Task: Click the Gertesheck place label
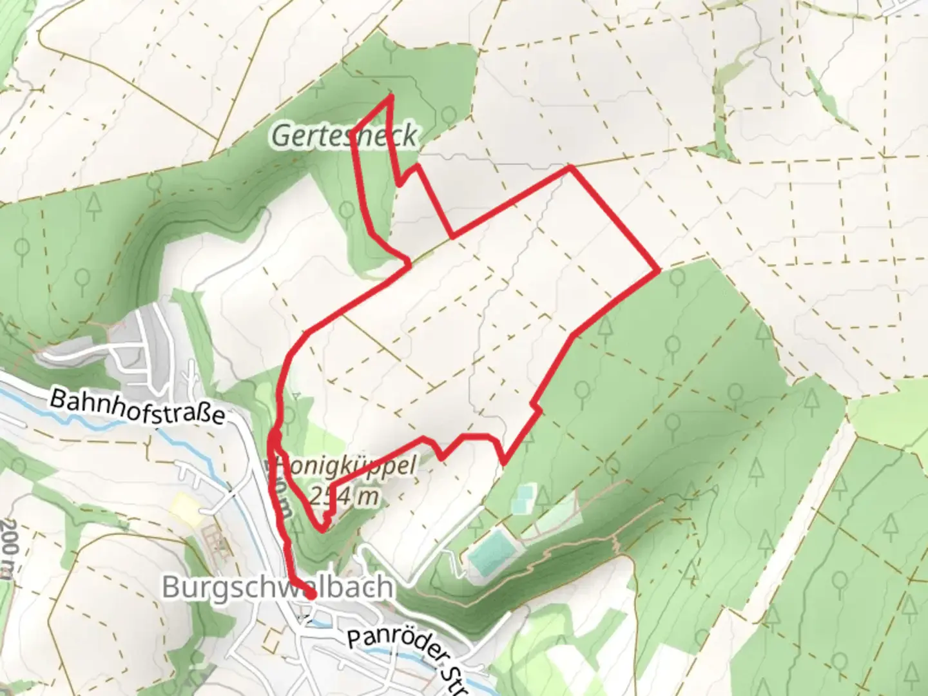344,136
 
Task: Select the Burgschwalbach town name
277,587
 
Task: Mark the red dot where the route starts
311,595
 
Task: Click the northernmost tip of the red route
391,97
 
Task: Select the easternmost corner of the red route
657,270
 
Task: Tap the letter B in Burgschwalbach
172,588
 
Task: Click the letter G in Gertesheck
282,136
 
